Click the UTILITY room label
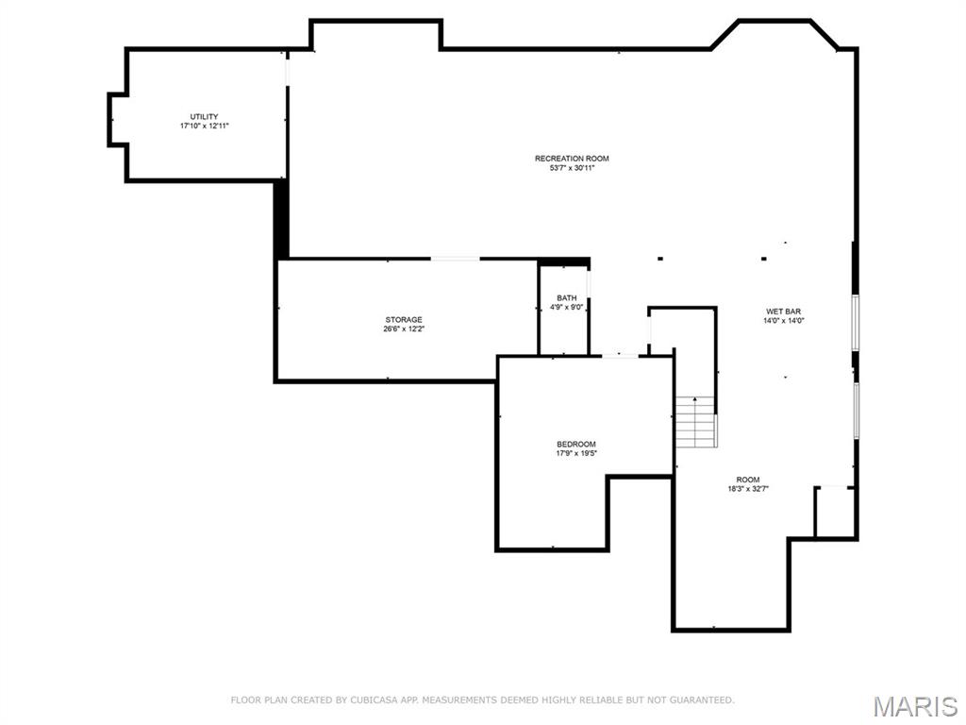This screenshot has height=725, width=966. [204, 116]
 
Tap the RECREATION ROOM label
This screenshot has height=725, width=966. [572, 159]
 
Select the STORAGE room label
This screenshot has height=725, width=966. [404, 319]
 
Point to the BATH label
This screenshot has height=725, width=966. [567, 297]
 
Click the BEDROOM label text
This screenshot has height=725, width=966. [576, 444]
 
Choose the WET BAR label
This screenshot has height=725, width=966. [784, 312]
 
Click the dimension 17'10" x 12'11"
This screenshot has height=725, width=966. [204, 126]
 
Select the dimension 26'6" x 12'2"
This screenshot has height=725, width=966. [404, 329]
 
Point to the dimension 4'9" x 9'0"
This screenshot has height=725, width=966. [567, 307]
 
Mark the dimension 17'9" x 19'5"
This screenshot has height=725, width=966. [576, 453]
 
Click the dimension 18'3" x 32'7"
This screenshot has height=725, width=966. [748, 489]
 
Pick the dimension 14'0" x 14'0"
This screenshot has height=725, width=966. [784, 321]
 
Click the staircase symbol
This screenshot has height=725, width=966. [696, 422]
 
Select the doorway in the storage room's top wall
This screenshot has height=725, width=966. [456, 259]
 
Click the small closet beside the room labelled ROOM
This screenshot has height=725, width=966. [835, 512]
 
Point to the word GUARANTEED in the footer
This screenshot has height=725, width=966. [701, 700]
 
